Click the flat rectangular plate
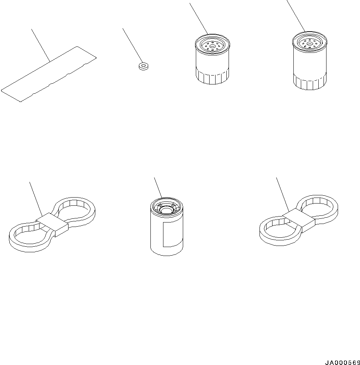(49, 74)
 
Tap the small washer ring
(144, 66)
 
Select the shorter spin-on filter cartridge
(212, 59)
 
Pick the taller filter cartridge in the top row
(310, 61)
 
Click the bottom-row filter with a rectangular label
(167, 227)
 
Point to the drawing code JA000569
(343, 362)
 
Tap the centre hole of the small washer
(144, 65)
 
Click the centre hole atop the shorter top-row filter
(212, 46)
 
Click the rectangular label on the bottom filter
(172, 234)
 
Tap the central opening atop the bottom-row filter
(166, 211)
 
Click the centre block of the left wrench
(52, 224)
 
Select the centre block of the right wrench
(299, 220)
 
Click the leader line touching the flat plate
(41, 45)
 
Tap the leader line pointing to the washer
(133, 46)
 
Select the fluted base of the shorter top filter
(212, 76)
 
